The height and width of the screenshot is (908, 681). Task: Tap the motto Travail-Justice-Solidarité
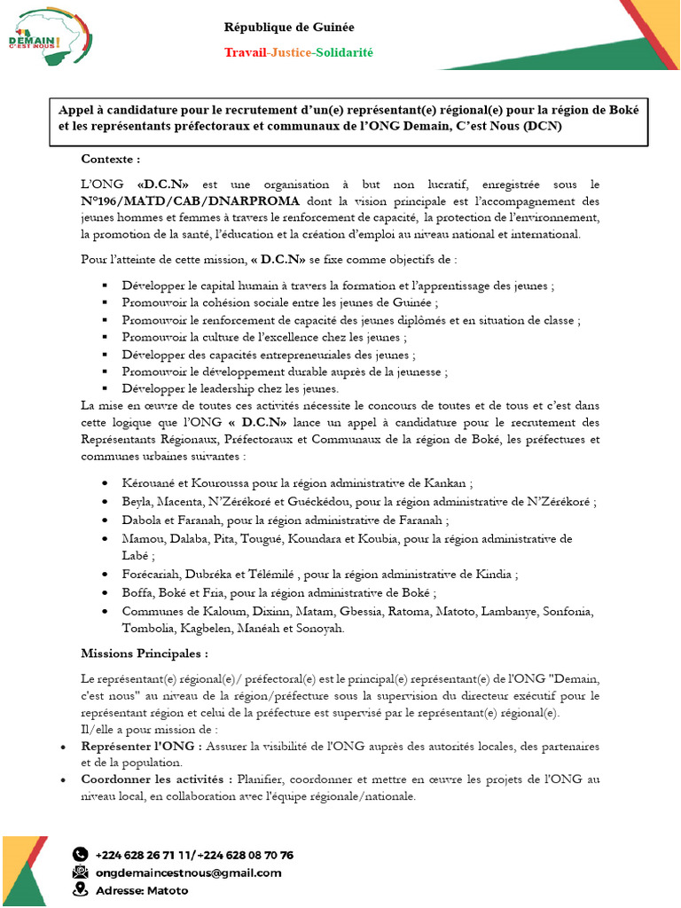(298, 53)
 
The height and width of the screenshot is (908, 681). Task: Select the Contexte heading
(110, 159)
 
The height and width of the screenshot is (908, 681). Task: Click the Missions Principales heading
(145, 654)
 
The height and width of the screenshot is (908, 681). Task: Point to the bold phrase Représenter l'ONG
(141, 747)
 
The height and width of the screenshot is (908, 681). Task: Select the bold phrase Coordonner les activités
(157, 779)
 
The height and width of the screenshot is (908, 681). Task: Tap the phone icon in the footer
(81, 855)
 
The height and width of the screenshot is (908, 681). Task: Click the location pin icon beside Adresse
(81, 889)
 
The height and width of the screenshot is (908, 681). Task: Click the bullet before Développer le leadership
(105, 388)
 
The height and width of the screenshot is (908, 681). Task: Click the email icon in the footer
(81, 873)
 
